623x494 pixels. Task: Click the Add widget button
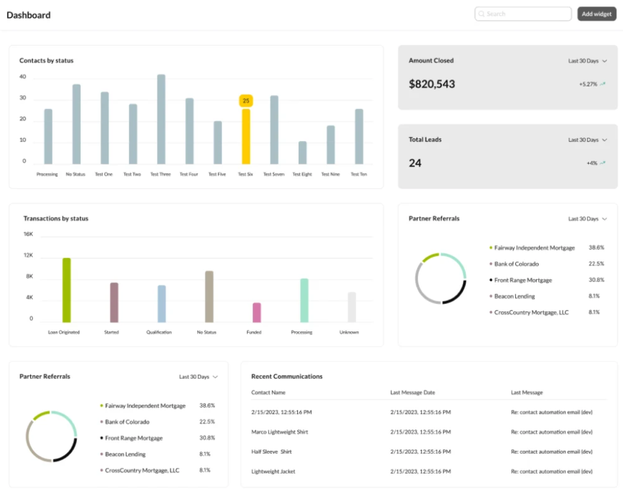(596, 14)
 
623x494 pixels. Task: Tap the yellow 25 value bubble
(246, 101)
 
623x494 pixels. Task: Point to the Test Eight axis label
(302, 174)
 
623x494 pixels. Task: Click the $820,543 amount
(432, 84)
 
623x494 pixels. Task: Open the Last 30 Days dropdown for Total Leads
(587, 140)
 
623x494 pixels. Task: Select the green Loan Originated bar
(67, 290)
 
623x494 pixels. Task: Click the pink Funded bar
(256, 312)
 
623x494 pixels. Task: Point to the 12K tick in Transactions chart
(28, 255)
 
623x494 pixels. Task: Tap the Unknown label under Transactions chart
(349, 332)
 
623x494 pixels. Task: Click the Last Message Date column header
(412, 392)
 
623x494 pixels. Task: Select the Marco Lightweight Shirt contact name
(279, 432)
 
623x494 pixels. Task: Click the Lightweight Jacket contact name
(273, 471)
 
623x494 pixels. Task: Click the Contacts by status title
(47, 61)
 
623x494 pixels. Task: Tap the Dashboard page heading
(28, 15)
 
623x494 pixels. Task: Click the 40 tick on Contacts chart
(23, 77)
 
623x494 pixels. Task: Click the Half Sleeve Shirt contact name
(271, 451)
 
